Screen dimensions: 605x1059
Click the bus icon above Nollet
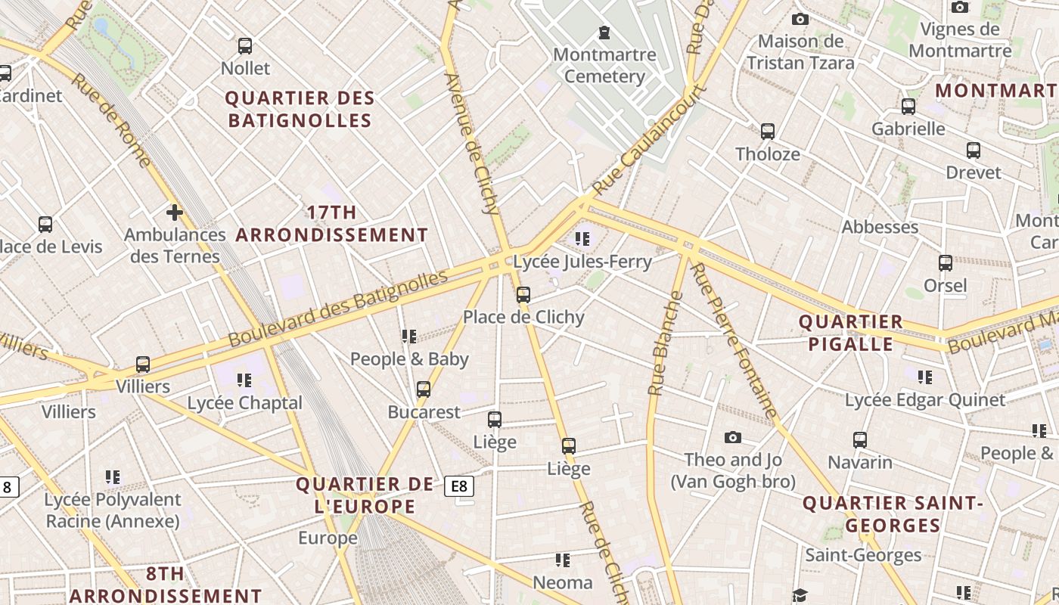coord(244,46)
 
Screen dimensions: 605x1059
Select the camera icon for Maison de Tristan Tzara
coord(800,19)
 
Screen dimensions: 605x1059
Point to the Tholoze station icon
coord(768,132)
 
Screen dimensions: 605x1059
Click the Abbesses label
coord(880,227)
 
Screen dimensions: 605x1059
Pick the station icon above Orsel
coord(945,263)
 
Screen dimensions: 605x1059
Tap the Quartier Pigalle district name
coord(851,333)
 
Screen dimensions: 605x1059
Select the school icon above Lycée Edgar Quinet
coord(924,377)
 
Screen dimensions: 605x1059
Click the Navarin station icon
coord(859,440)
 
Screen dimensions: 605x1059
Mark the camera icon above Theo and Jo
coord(732,437)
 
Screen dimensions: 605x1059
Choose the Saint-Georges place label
coord(863,555)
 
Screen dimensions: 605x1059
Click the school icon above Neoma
coord(562,560)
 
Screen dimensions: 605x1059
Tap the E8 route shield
coord(459,486)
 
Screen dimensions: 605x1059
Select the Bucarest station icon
coord(424,390)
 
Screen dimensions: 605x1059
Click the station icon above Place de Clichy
coord(523,295)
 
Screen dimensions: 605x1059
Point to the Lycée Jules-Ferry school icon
coord(582,240)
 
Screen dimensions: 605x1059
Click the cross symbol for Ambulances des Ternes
coord(175,213)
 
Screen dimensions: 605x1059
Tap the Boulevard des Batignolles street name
coord(337,309)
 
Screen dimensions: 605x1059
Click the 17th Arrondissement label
coord(332,224)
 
